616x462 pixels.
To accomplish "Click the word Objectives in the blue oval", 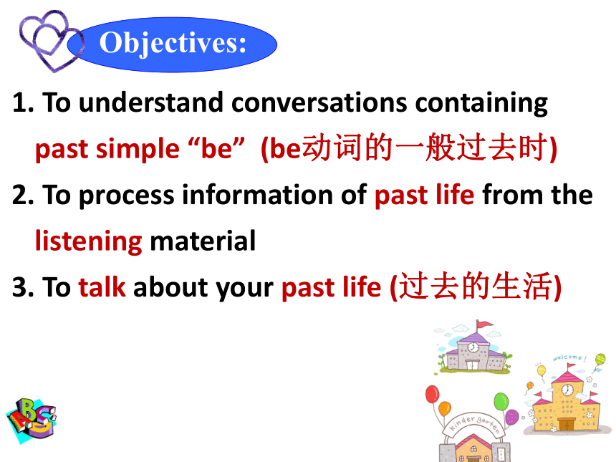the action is pos(173,44).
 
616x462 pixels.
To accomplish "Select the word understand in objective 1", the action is pos(151,102).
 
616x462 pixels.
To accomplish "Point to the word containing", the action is pos(481,104).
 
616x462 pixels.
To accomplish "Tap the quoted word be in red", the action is pos(216,148).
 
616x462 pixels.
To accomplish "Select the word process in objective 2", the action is pos(127,196).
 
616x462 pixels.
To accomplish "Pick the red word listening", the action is pos(88,241).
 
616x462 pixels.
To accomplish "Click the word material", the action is pos(203,241).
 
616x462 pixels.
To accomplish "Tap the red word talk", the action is pos(102,287).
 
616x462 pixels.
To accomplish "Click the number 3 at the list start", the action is pos(19,287).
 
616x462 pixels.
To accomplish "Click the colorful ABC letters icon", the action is pos(32,419).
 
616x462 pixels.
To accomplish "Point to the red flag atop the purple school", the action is pos(484,324).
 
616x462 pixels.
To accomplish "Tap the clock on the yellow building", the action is pos(567,390).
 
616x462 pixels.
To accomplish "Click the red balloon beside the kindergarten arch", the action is pos(432,394).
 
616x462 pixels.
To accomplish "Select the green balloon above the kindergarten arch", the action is pos(501,402).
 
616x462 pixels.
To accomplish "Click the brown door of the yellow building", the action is pos(566,425).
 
